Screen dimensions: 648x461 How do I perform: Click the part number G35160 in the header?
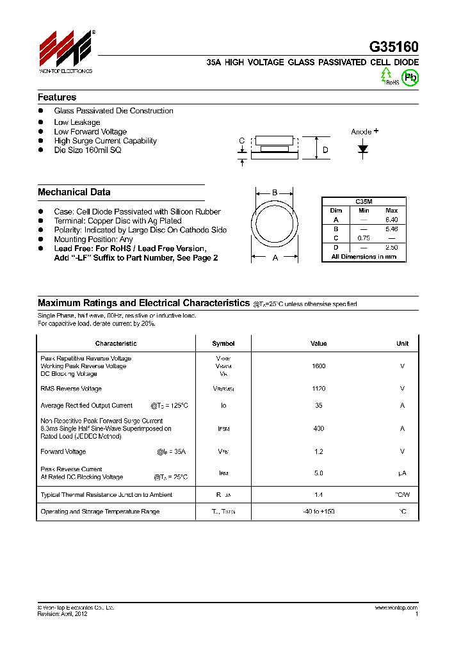coord(393,47)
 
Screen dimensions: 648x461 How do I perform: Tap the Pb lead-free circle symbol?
coord(410,77)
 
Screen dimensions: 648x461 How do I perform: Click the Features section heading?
coord(57,97)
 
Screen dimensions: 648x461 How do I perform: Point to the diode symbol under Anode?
coord(364,149)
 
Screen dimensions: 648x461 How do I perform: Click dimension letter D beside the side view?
coord(325,150)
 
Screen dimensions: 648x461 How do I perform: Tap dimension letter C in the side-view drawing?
coord(241,141)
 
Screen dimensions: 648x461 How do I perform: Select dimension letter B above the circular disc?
coord(275,192)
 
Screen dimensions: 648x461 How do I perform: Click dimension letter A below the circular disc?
coord(275,257)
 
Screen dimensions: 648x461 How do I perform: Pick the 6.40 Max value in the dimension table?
coord(391,220)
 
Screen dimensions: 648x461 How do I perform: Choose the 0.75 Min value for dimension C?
coord(364,238)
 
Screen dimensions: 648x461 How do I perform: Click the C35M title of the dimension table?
coord(364,202)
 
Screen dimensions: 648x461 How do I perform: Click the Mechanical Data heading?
coord(74,192)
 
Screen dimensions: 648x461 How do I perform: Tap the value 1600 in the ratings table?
coord(318,366)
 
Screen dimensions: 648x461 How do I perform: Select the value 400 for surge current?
coord(318,429)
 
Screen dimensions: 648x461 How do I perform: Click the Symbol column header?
coord(223,344)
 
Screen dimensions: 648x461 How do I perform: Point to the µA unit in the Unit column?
coord(402,473)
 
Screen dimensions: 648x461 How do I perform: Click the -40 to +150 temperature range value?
coord(318,512)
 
